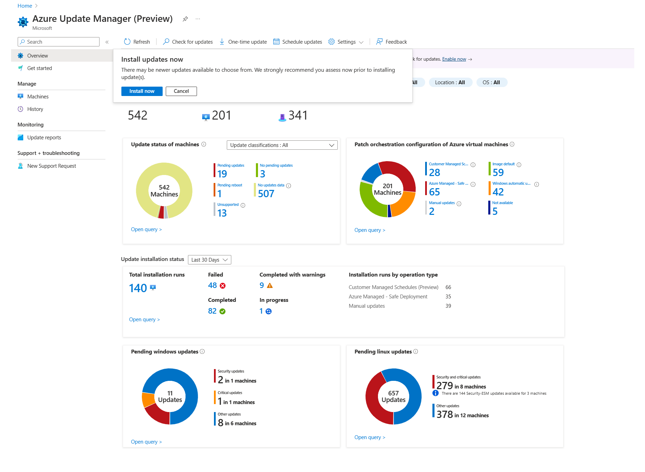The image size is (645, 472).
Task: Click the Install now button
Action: (141, 91)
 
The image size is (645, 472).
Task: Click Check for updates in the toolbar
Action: (188, 42)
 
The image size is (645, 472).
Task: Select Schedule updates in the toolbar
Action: (298, 42)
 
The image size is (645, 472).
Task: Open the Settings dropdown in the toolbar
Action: (346, 42)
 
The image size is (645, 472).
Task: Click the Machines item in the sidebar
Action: (38, 97)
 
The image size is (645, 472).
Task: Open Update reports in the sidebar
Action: (44, 138)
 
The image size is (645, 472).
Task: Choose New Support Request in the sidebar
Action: (51, 166)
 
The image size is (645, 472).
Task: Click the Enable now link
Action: (454, 59)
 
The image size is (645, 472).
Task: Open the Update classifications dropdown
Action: (282, 145)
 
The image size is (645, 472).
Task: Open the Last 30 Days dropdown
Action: (209, 260)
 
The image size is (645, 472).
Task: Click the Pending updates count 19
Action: (222, 174)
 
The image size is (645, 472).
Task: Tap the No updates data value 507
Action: (266, 194)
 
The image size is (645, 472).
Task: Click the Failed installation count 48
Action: (212, 286)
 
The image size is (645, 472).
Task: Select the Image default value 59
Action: (498, 173)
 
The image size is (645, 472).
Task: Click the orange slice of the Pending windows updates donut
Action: (148, 400)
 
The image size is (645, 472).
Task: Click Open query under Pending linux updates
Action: (370, 437)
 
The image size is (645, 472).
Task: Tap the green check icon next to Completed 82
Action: (223, 311)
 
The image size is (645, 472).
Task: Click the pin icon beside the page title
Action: (185, 19)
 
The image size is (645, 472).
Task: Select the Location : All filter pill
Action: (450, 82)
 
